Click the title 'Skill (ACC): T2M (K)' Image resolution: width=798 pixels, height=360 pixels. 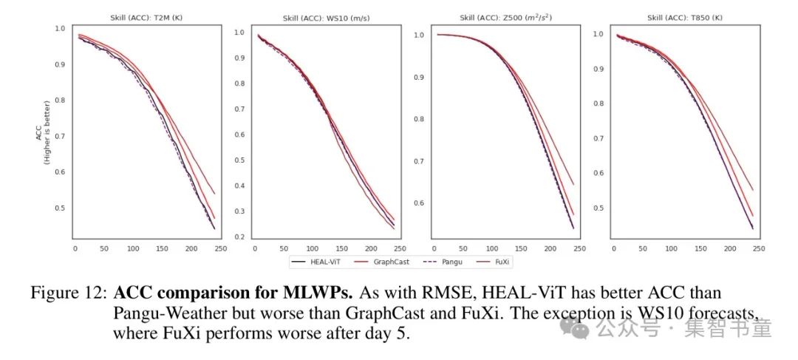[x=147, y=18]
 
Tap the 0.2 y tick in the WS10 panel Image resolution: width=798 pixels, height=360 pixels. [x=239, y=237]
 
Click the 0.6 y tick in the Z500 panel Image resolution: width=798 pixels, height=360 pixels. [x=418, y=203]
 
